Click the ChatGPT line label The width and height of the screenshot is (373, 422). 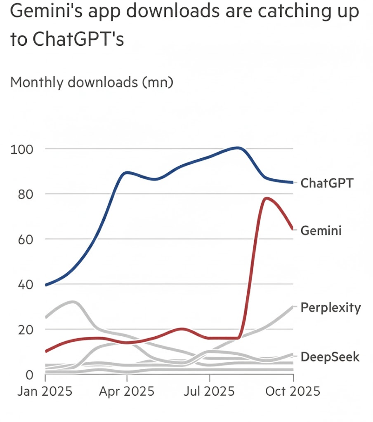[x=327, y=183]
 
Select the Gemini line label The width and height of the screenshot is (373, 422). [x=321, y=230]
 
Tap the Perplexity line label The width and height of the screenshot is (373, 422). [x=331, y=308]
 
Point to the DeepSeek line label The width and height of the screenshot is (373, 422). [x=330, y=356]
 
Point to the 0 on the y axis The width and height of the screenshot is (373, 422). [x=28, y=375]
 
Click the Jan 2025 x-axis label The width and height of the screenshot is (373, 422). [x=45, y=390]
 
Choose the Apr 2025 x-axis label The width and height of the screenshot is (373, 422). [x=126, y=390]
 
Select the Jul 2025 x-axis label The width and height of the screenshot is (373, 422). [x=210, y=390]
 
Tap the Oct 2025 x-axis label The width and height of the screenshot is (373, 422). [x=293, y=390]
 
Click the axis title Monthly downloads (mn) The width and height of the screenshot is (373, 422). [x=92, y=82]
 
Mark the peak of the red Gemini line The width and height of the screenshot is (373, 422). [x=266, y=198]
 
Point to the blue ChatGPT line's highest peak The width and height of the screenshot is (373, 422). [x=238, y=148]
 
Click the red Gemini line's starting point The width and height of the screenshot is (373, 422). [x=45, y=351]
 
